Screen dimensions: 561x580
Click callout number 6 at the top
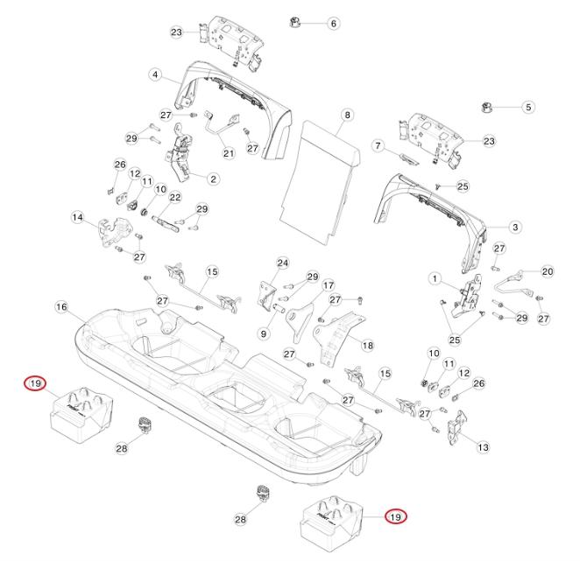point(333,24)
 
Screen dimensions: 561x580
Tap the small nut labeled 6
point(295,21)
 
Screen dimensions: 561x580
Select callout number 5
point(527,107)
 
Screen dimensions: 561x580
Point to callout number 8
point(347,115)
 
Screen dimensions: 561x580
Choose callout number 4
point(155,75)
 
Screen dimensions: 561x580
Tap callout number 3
point(515,227)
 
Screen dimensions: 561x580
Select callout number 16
point(61,307)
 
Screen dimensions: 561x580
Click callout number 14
point(77,216)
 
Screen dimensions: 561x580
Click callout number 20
point(548,271)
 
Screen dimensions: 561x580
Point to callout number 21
point(229,153)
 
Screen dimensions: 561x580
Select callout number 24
point(282,263)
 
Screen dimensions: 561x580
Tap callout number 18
point(366,346)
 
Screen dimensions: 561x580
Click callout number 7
point(379,144)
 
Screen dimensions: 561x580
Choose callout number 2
point(213,179)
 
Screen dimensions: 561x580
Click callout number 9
point(262,333)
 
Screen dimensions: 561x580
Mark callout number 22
point(174,198)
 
